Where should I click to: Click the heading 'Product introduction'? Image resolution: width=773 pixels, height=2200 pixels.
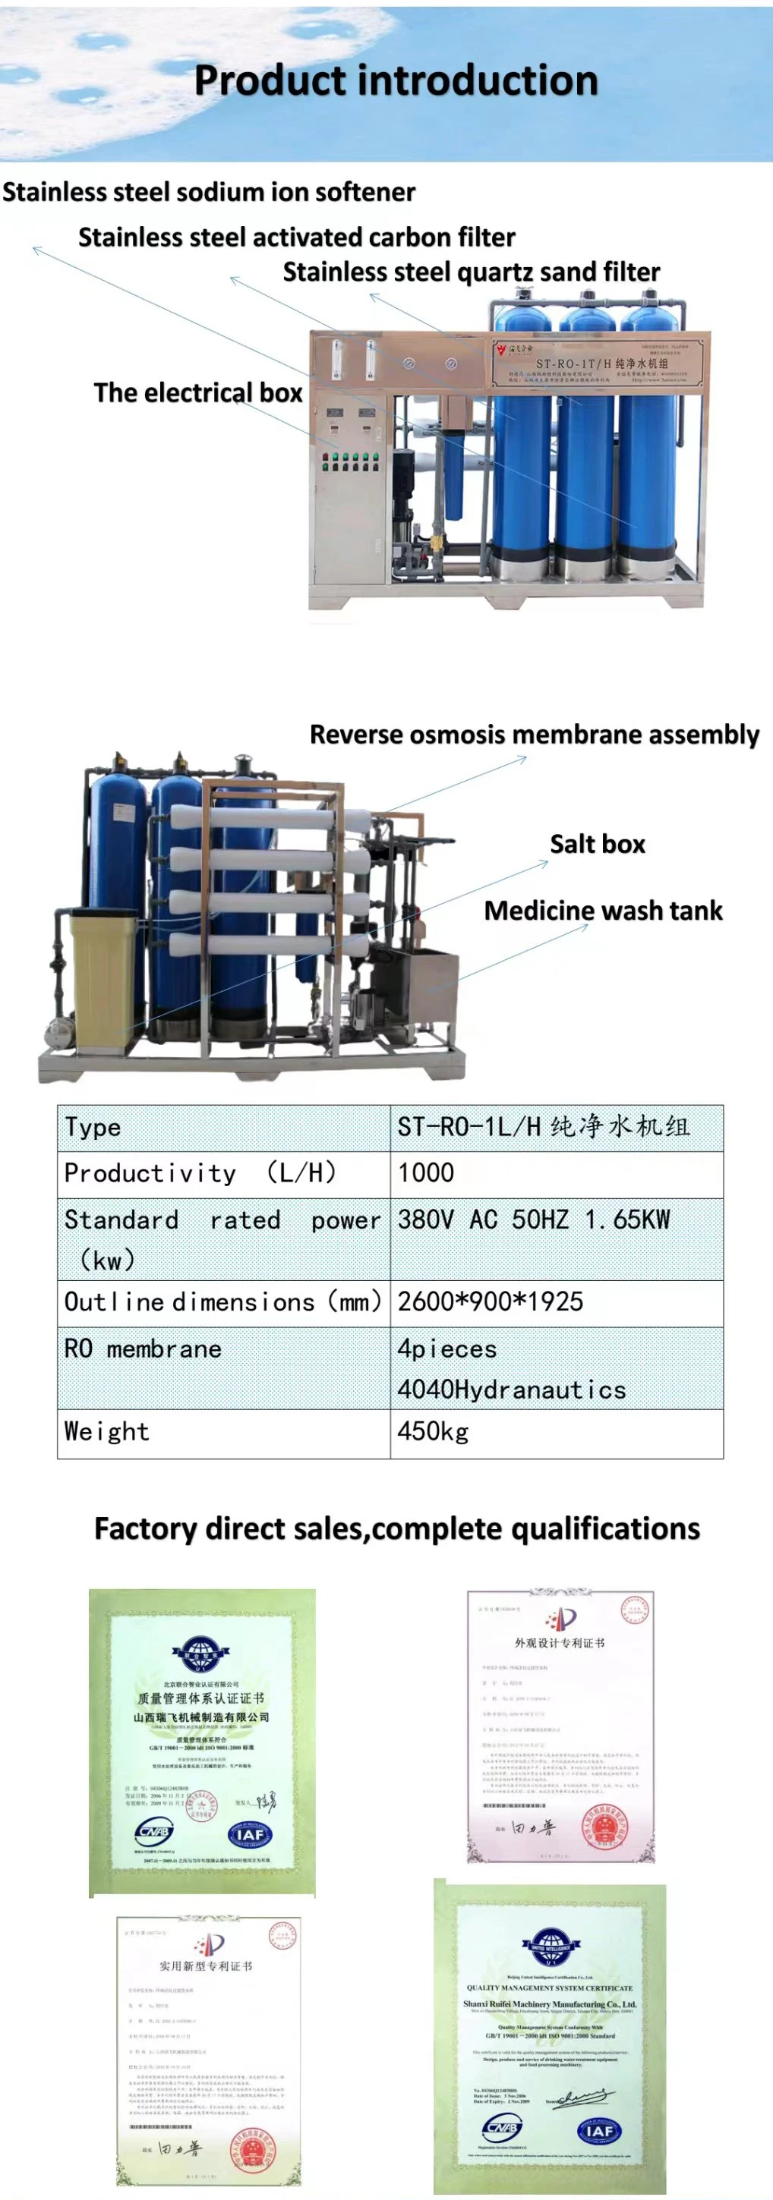pyautogui.click(x=396, y=80)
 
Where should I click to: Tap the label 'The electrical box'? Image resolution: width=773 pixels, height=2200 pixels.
pyautogui.click(x=198, y=393)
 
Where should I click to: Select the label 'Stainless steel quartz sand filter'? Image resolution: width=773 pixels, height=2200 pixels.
pyautogui.click(x=471, y=272)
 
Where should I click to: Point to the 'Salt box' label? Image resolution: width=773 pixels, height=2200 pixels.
pyautogui.click(x=597, y=845)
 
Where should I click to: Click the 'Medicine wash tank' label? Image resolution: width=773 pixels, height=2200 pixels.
pyautogui.click(x=603, y=911)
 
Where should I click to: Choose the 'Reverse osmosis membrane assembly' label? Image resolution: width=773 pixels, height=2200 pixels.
pyautogui.click(x=534, y=735)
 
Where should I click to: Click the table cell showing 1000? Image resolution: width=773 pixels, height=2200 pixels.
pyautogui.click(x=426, y=1173)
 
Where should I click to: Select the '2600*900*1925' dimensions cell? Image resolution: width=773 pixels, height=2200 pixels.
pyautogui.click(x=491, y=1302)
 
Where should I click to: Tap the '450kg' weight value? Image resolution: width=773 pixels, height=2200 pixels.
pyautogui.click(x=433, y=1432)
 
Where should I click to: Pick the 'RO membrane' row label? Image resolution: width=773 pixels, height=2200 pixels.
pyautogui.click(x=143, y=1349)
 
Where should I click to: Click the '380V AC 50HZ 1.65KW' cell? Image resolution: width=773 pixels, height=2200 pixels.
pyautogui.click(x=534, y=1220)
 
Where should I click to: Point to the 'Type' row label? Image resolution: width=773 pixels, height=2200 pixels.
pyautogui.click(x=92, y=1128)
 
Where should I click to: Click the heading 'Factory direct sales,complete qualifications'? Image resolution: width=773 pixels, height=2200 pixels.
pyautogui.click(x=396, y=1528)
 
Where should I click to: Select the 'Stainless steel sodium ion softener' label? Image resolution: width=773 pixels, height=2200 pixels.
pyautogui.click(x=208, y=192)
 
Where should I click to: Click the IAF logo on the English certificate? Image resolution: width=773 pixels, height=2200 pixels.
pyautogui.click(x=600, y=2131)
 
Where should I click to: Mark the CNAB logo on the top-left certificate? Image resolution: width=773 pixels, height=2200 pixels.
pyautogui.click(x=155, y=1831)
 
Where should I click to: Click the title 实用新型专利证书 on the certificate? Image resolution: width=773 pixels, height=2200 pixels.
pyautogui.click(x=206, y=1966)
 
